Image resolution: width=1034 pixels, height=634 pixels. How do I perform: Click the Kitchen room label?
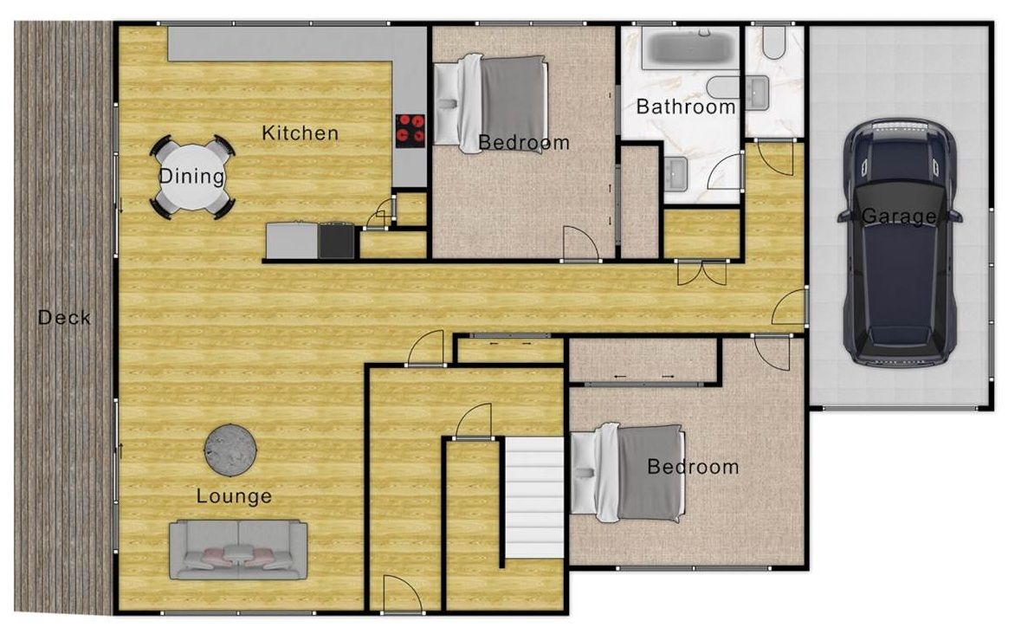[x=300, y=133]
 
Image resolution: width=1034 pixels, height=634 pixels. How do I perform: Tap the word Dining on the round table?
[x=192, y=176]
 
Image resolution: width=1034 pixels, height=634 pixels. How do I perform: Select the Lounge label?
[x=234, y=496]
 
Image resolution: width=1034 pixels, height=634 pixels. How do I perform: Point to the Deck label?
[x=64, y=317]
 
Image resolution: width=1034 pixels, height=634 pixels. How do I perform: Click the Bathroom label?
[x=686, y=107]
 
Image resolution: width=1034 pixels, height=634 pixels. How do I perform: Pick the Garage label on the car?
[x=899, y=216]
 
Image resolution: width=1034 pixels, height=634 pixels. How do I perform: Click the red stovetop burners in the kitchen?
[x=410, y=130]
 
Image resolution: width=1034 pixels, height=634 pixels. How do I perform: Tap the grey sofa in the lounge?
[x=238, y=550]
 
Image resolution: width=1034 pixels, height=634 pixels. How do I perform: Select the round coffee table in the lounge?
[x=230, y=450]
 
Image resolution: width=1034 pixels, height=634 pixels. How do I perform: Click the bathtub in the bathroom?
[x=690, y=48]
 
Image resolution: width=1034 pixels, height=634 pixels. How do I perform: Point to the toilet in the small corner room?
[x=772, y=41]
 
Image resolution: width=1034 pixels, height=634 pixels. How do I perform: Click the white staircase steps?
[x=534, y=497]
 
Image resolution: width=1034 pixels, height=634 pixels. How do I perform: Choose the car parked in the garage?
[x=900, y=243]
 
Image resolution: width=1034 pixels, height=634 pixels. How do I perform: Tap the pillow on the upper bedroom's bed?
[x=447, y=104]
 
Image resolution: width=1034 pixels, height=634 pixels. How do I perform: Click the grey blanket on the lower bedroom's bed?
[x=649, y=473]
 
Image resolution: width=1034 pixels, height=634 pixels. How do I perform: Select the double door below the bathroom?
[x=701, y=273]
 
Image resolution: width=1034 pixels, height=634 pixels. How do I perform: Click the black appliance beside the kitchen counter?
[x=337, y=241]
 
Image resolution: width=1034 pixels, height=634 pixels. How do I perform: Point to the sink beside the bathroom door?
[x=676, y=174]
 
